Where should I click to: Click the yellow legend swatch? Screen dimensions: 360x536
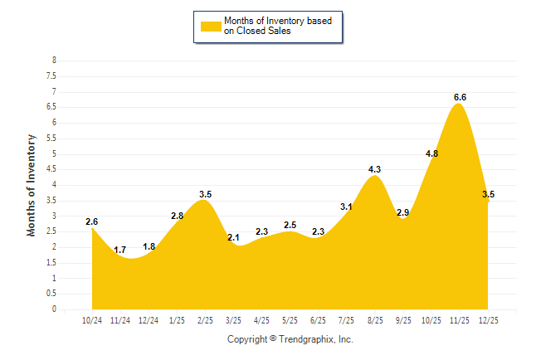pos(211,26)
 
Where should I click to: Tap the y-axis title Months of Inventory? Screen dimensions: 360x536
pos(32,184)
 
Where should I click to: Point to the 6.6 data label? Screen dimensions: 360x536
pos(460,97)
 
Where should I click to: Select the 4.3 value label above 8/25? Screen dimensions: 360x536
pos(374,169)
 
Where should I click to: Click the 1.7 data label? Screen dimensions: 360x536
pos(120,250)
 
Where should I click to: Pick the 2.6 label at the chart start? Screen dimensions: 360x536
pos(91,221)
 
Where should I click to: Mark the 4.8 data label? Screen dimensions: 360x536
pos(431,153)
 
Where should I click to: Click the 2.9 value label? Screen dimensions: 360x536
pos(403,212)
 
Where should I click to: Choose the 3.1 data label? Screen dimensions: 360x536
pos(346,207)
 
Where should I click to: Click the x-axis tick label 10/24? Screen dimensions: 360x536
pos(92,320)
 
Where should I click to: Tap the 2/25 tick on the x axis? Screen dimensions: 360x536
pos(205,320)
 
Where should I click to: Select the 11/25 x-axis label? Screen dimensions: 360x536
pos(459,320)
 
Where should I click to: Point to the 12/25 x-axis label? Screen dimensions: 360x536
pos(487,320)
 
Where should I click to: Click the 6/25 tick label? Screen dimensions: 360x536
pos(318,320)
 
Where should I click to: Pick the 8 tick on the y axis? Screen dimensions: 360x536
pos(54,61)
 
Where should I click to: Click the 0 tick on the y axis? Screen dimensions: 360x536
pos(54,309)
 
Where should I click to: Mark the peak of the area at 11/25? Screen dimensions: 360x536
pos(459,105)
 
